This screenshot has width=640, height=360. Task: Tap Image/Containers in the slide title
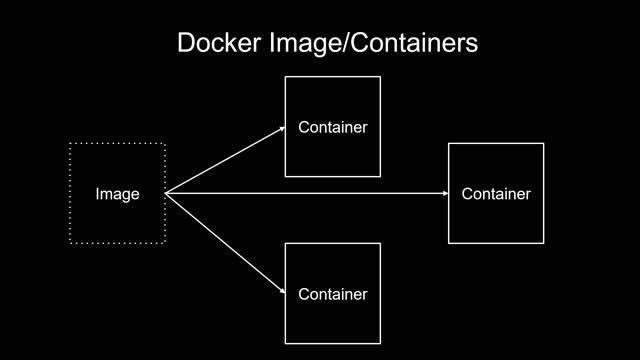(367, 44)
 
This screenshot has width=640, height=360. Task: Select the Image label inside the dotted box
(117, 194)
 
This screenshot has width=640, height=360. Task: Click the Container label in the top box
(333, 127)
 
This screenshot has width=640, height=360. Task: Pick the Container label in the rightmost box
(496, 194)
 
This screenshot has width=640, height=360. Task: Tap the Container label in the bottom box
(333, 294)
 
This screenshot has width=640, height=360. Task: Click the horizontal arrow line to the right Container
(300, 193)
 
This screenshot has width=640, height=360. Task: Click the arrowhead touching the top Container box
(280, 129)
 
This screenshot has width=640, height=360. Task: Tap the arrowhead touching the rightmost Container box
(443, 193)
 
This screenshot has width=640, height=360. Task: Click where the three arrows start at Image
(166, 193)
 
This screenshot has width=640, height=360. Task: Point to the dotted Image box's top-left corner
(70, 144)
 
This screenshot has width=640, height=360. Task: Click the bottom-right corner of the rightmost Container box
(544, 243)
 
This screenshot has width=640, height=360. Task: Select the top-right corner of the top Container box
(381, 77)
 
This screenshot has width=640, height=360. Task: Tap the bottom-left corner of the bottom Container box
(286, 343)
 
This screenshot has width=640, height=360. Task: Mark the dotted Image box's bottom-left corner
(70, 243)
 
